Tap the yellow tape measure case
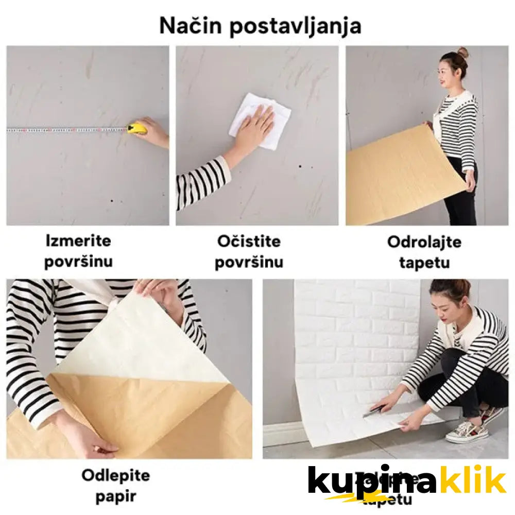(x=137, y=128)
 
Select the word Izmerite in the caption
(x=78, y=241)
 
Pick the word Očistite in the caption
(x=249, y=241)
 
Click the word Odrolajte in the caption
(x=424, y=242)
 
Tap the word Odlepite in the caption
(x=115, y=475)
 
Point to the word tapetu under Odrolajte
(x=424, y=263)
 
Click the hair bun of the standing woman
(x=463, y=53)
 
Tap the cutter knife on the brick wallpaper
(x=374, y=410)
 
